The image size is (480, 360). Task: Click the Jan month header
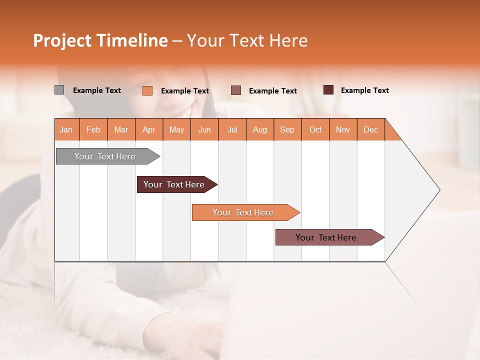click(66, 129)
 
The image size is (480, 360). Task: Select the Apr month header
click(149, 129)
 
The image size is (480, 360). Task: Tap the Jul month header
click(232, 129)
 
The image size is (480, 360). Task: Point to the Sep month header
click(287, 129)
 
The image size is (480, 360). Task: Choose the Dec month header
click(370, 129)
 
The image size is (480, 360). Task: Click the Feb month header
click(93, 129)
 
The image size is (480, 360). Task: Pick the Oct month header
click(315, 129)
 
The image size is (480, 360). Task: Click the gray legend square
click(59, 90)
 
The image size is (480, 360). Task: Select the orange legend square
click(147, 90)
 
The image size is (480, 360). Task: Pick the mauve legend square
click(236, 90)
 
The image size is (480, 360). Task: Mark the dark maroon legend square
click(328, 90)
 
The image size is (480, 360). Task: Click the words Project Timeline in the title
click(100, 40)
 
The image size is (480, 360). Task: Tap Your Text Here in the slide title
click(247, 40)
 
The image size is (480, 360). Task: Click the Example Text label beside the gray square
click(97, 90)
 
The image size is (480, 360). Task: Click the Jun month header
click(204, 129)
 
